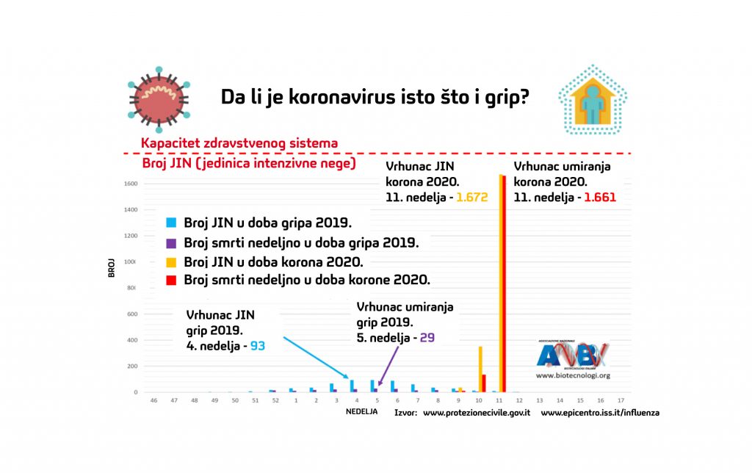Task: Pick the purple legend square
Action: (x=171, y=242)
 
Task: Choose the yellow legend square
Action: (x=171, y=261)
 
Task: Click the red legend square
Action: (x=171, y=280)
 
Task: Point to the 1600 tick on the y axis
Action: (x=131, y=184)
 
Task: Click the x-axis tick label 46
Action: (x=153, y=400)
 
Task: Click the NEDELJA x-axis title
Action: (x=361, y=412)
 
